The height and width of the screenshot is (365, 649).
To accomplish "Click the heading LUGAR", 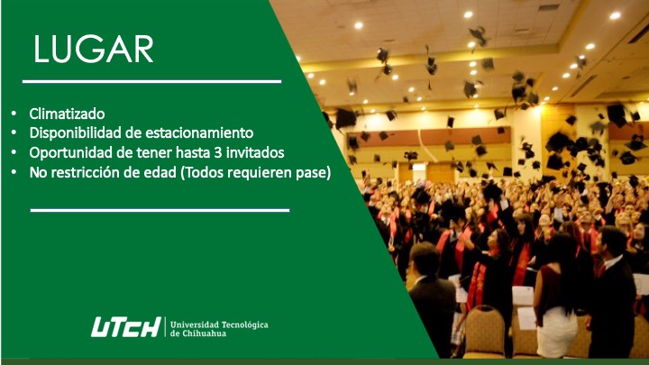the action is coord(94,50).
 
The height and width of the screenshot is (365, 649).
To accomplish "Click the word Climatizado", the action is coord(67,114).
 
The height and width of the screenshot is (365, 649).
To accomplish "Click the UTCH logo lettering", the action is coord(126,327).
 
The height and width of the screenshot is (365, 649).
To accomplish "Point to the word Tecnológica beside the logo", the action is coord(244,324).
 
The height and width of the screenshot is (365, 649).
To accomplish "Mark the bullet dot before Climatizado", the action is coord(14,114).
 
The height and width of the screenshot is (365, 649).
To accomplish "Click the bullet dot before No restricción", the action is coord(14,172).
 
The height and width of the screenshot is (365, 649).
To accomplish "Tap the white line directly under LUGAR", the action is coord(152,81).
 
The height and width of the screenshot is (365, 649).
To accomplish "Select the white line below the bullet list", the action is coord(160,211).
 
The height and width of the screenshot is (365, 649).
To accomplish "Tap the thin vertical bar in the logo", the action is coord(166,327).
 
